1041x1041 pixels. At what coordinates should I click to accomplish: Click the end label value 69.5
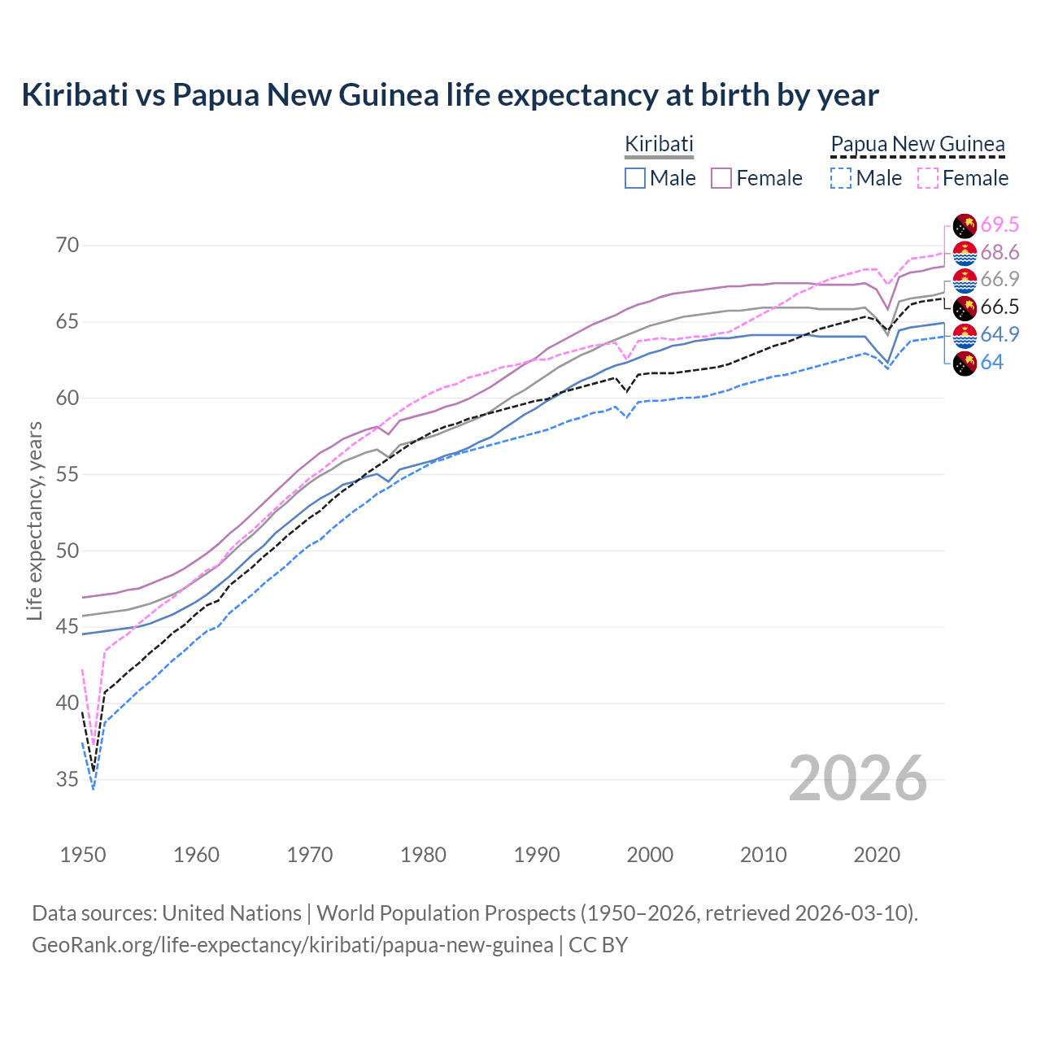(x=1000, y=225)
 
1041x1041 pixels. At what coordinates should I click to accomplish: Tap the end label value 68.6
(x=1000, y=253)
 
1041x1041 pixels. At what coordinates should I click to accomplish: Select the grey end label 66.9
(x=1000, y=280)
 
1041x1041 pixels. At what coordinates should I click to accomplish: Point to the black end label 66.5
(x=1000, y=307)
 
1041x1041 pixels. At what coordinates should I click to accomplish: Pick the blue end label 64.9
(x=1000, y=335)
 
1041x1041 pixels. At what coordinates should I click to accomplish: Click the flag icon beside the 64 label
(x=965, y=364)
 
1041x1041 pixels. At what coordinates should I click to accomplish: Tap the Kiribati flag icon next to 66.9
(x=965, y=281)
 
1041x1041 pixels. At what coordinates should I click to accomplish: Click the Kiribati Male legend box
(x=635, y=178)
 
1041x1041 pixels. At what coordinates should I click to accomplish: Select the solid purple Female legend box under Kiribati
(x=721, y=178)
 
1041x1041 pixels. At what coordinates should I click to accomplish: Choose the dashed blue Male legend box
(x=841, y=178)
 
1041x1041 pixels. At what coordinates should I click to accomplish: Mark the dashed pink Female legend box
(x=927, y=178)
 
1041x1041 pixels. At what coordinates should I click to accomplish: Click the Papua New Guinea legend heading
(x=917, y=145)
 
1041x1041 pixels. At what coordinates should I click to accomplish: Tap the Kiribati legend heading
(x=659, y=144)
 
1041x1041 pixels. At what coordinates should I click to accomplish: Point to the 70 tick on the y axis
(x=68, y=246)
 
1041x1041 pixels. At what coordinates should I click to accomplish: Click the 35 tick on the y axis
(x=68, y=780)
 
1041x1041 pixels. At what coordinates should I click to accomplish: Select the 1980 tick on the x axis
(x=423, y=855)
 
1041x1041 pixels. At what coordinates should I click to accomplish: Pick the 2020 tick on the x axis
(x=877, y=855)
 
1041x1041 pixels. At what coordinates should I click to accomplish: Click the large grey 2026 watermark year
(x=858, y=778)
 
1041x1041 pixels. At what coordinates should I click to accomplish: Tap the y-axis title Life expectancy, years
(x=34, y=520)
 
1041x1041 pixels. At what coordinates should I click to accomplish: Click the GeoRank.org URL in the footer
(x=292, y=945)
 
